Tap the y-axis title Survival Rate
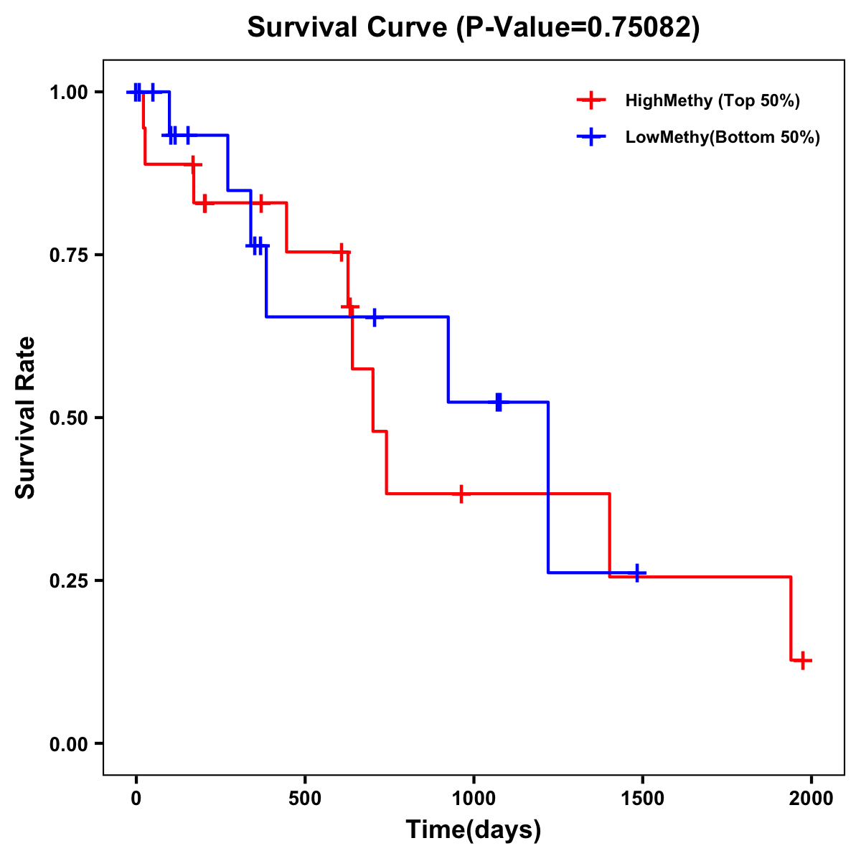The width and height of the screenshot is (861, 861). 26,418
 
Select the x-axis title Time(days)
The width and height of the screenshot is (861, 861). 474,829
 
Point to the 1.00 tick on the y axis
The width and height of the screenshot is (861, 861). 70,92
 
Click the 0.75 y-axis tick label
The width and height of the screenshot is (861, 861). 70,255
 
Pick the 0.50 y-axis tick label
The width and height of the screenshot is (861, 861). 70,418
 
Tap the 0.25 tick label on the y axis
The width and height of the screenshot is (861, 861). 70,580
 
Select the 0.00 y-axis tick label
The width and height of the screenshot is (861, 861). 70,743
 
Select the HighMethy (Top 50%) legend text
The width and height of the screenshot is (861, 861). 712,100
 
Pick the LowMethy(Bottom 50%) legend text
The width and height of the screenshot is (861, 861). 723,137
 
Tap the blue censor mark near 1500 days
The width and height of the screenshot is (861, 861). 636,573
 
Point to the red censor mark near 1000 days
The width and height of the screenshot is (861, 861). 461,494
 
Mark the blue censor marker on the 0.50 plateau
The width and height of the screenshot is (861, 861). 498,402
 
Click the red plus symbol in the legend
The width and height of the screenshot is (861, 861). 591,100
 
